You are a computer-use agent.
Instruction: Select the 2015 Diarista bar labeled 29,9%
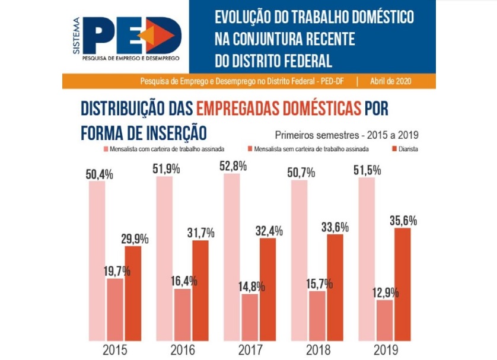pos(133,294)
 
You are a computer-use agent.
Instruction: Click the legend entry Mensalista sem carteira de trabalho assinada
pos(311,149)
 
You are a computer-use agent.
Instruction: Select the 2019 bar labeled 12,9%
pos(385,320)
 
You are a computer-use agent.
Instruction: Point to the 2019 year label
pos(385,350)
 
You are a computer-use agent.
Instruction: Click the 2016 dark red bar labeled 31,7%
pos(200,291)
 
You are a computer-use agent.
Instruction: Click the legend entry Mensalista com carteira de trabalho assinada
pos(172,149)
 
